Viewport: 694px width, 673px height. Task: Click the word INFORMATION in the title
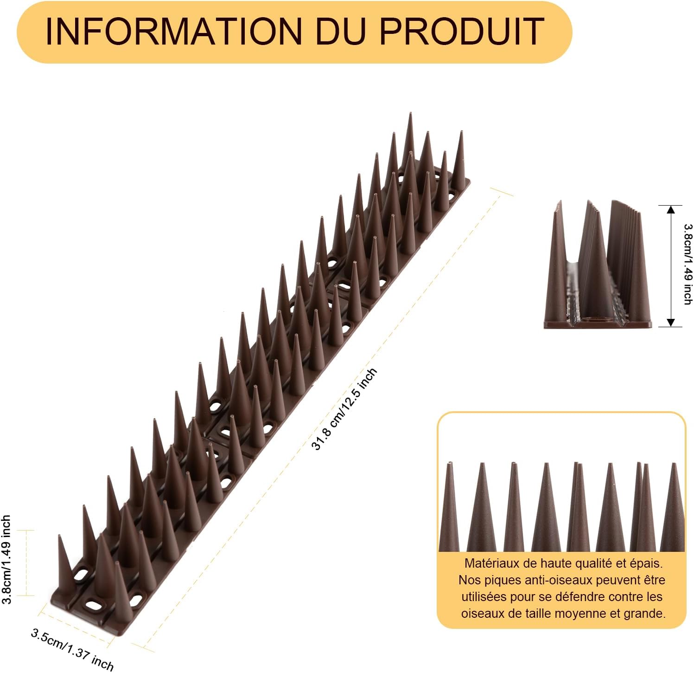point(174,32)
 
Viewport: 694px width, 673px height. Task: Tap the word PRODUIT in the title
point(462,32)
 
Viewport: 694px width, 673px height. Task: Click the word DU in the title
point(341,32)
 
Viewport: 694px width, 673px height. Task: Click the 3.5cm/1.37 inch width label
point(72,650)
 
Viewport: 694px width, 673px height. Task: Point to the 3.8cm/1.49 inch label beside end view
point(688,265)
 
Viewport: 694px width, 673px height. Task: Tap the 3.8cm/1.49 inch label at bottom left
point(6,559)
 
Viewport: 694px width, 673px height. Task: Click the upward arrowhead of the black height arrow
point(670,210)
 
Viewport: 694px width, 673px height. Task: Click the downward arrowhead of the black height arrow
point(670,322)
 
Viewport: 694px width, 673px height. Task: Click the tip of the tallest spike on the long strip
point(410,113)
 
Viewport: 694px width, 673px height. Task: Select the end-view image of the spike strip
point(598,265)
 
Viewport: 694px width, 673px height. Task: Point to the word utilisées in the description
point(482,597)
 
